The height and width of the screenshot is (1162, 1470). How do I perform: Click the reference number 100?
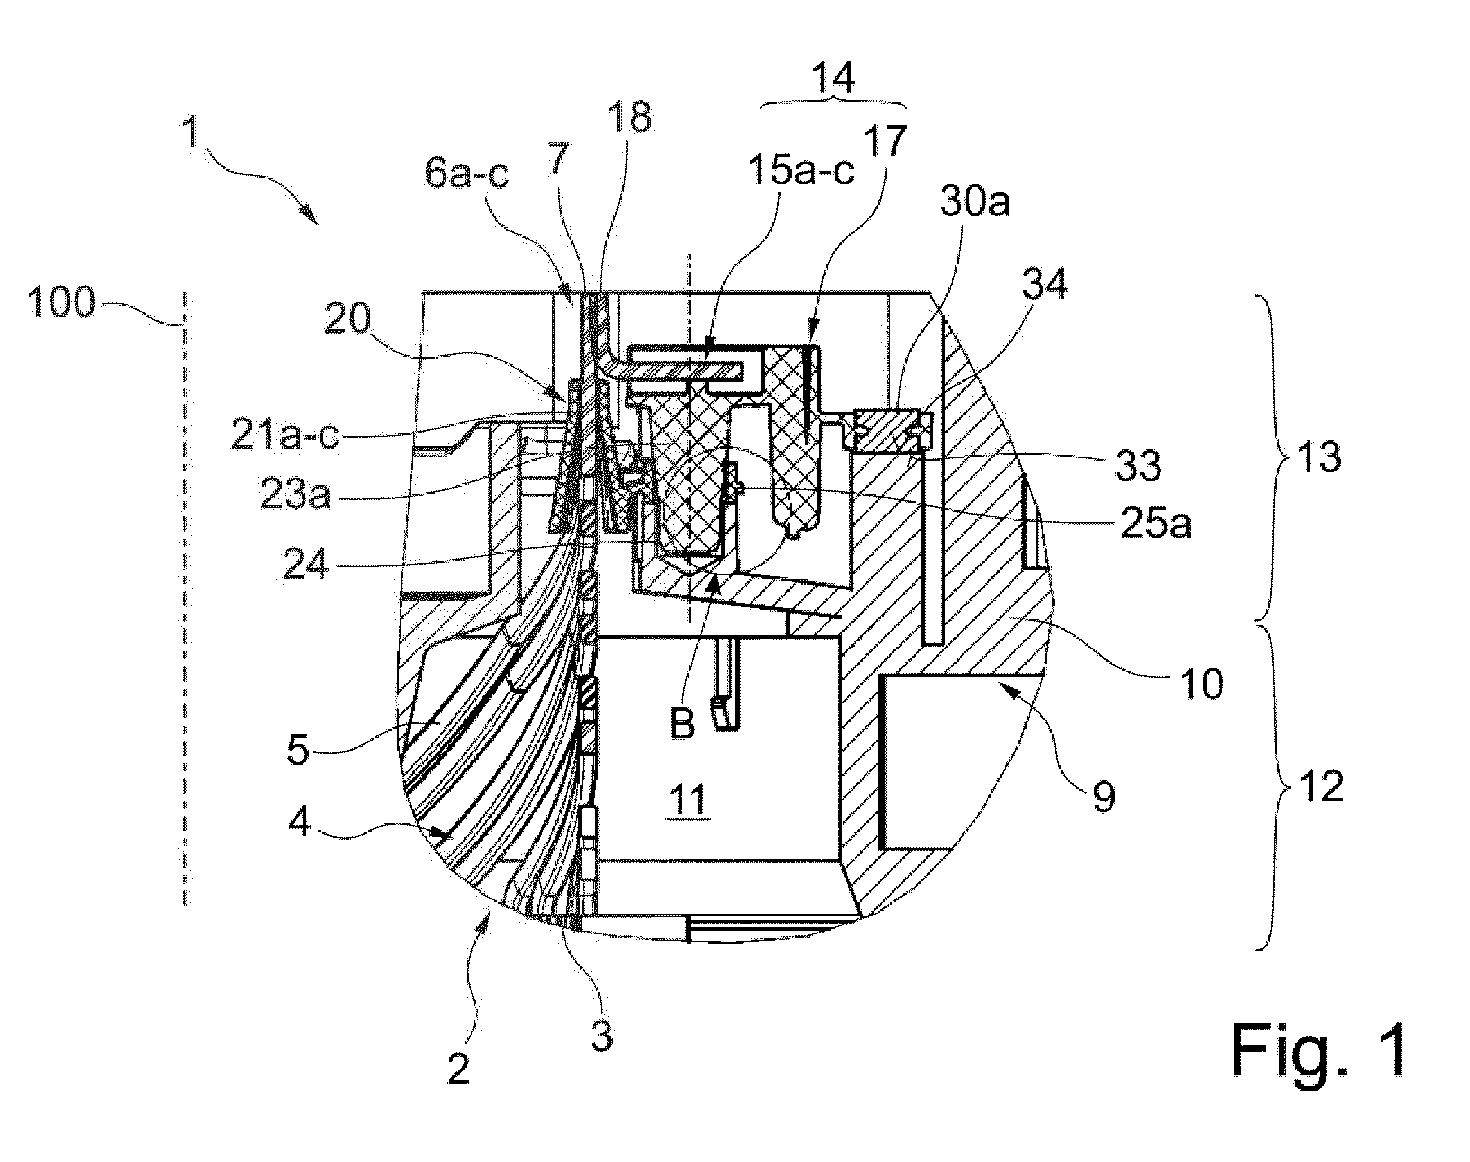(x=62, y=305)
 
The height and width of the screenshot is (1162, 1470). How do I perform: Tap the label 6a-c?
(x=467, y=175)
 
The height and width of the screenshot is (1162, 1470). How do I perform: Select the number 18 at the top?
(x=631, y=118)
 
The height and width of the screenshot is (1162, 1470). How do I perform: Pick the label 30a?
(x=974, y=203)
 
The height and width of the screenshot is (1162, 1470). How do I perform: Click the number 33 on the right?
(x=1137, y=466)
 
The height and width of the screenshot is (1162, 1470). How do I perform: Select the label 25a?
(x=1155, y=525)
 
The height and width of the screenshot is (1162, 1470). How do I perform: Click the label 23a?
(x=295, y=497)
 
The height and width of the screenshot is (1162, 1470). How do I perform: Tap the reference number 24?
(x=306, y=564)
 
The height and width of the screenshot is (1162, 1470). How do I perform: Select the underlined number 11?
(x=688, y=801)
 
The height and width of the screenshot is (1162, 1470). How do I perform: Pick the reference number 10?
(x=1203, y=685)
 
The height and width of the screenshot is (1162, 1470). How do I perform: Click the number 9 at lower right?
(x=1104, y=796)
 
